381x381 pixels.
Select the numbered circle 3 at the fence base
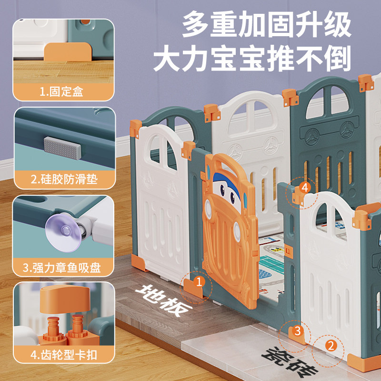coord(297,330)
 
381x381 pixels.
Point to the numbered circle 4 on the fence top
coord(305,188)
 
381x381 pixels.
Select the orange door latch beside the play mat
coord(288,250)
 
